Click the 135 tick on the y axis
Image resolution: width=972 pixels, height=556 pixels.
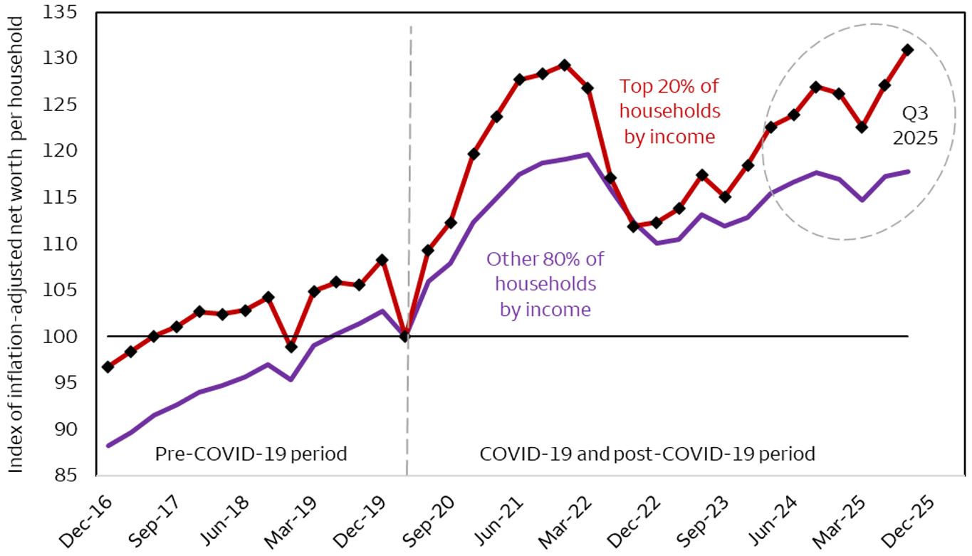pyautogui.click(x=69, y=12)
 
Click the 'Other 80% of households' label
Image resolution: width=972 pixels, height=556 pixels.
pyautogui.click(x=544, y=284)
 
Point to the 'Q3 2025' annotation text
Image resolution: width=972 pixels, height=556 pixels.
pyautogui.click(x=915, y=125)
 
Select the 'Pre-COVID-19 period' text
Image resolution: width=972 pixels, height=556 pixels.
pyautogui.click(x=251, y=453)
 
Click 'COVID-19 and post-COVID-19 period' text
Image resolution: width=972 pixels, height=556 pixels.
pyautogui.click(x=647, y=453)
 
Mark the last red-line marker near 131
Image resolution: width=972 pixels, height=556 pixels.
pyautogui.click(x=907, y=50)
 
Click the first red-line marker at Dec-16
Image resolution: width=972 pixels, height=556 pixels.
pyautogui.click(x=108, y=367)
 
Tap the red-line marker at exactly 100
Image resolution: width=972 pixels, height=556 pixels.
pyautogui.click(x=405, y=337)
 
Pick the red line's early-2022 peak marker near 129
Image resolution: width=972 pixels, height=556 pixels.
pyautogui.click(x=565, y=65)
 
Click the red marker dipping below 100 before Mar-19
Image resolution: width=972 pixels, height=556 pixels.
pyautogui.click(x=291, y=347)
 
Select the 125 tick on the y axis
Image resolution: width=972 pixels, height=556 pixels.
pyautogui.click(x=69, y=105)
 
